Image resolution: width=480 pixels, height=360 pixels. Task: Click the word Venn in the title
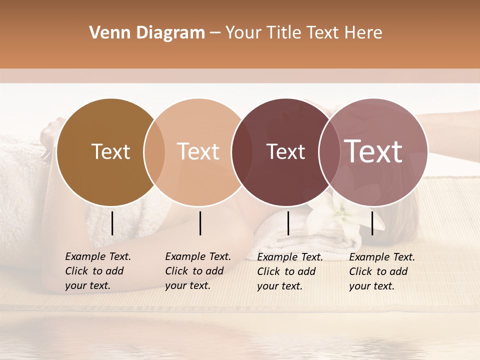tap(108, 33)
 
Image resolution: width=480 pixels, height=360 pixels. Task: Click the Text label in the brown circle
tap(110, 151)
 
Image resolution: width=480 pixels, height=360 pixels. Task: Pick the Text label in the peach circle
tap(198, 151)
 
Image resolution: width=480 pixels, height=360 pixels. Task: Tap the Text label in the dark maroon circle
tap(285, 151)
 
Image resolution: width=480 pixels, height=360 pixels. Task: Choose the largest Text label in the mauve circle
tap(373, 151)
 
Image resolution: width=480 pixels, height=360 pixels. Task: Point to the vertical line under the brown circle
tap(112, 223)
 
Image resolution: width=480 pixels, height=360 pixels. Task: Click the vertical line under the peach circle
tap(200, 223)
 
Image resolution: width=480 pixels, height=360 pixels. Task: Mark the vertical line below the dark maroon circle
tap(288, 223)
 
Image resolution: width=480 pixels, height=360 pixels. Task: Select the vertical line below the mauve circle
tap(372, 223)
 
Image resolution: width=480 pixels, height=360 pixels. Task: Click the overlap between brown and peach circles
tap(154, 152)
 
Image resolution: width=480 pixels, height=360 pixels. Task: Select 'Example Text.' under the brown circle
tap(98, 256)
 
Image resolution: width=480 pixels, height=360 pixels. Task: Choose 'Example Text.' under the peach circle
tap(198, 256)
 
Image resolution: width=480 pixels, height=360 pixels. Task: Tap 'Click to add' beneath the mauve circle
tap(378, 271)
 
